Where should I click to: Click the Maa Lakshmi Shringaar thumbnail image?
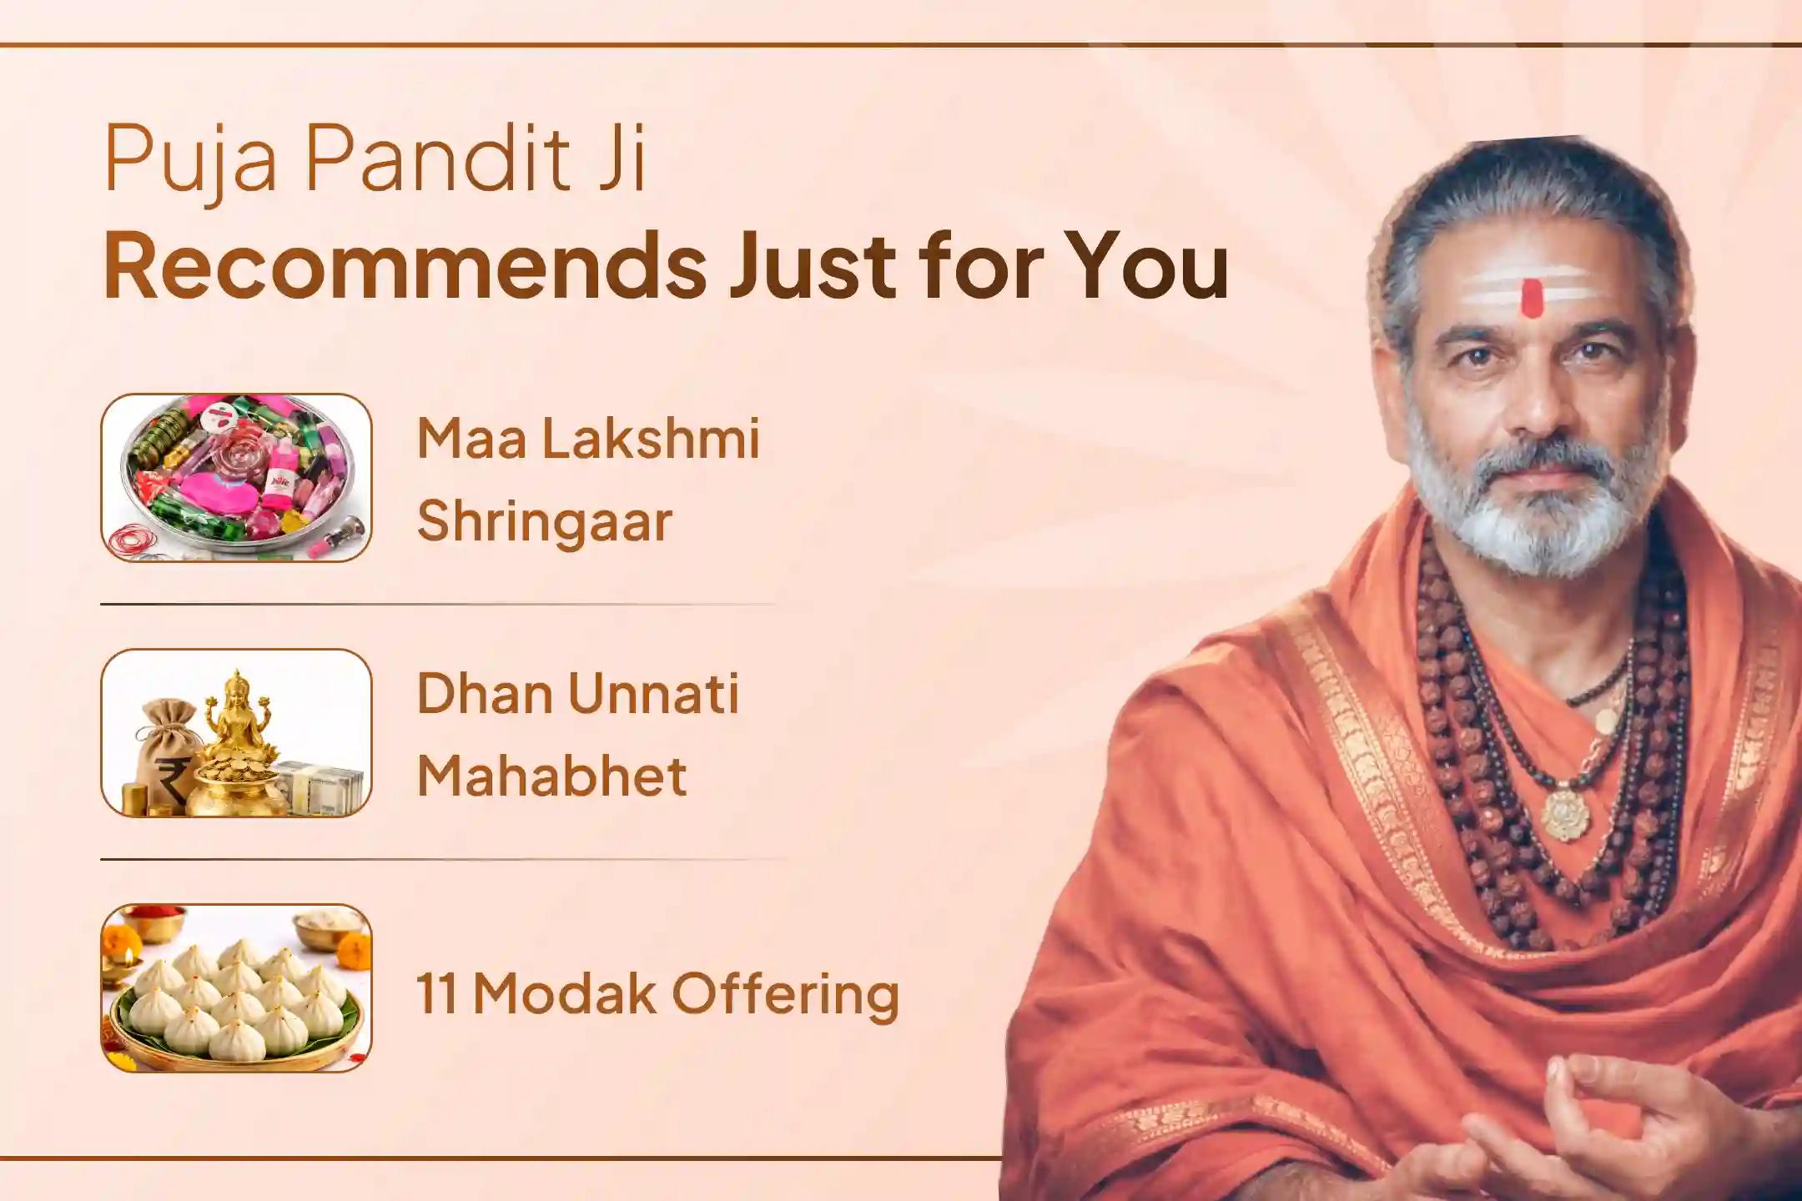(236, 477)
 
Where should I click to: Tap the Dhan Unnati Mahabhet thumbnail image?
(236, 732)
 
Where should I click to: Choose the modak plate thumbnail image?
(236, 987)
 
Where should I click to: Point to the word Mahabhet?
(551, 776)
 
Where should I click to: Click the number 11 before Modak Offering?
(436, 994)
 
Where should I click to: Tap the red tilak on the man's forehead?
(1531, 299)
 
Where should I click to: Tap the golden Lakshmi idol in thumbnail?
(237, 717)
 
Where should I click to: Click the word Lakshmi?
(651, 440)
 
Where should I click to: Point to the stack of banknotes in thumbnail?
(321, 788)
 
